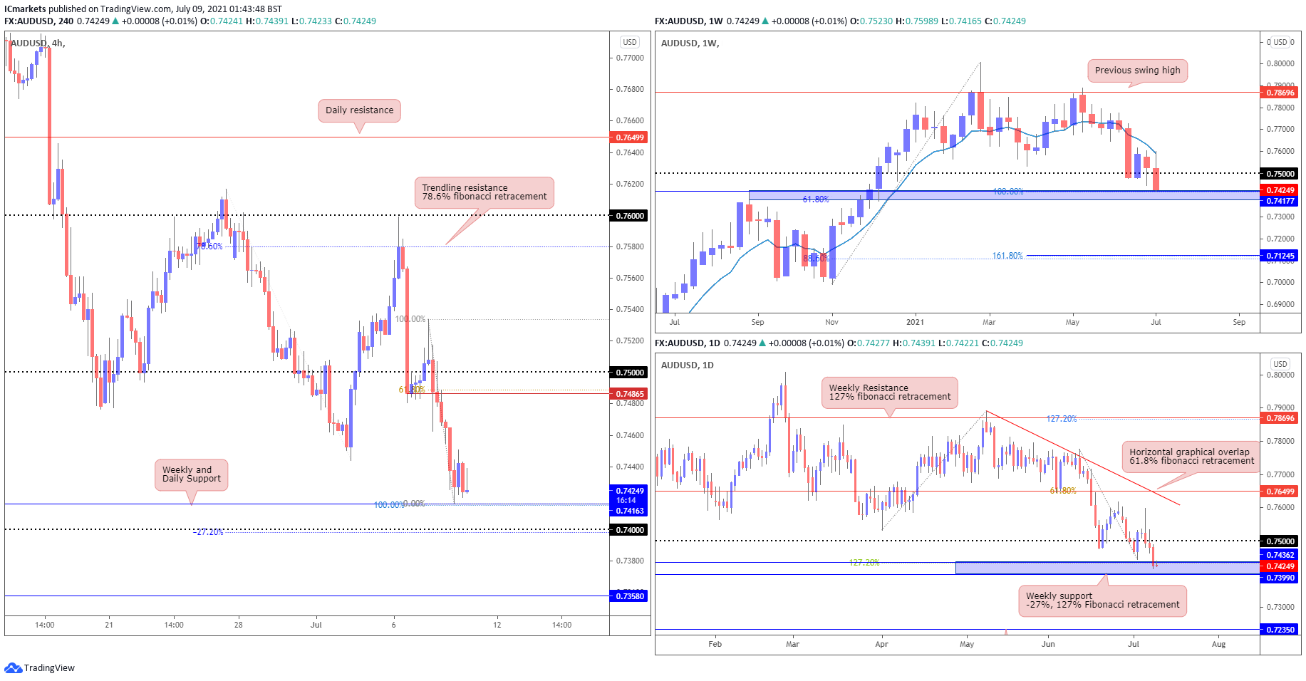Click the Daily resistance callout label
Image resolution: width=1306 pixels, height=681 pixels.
tap(359, 110)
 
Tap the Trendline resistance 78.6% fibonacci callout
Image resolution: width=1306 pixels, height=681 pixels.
tap(484, 192)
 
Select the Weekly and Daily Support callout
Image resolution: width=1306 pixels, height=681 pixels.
tap(191, 474)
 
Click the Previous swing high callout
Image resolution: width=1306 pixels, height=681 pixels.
tap(1137, 71)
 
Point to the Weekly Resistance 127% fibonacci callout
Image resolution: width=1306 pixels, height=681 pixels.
tap(889, 393)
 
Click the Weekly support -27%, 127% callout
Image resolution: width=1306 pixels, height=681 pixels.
tap(1102, 601)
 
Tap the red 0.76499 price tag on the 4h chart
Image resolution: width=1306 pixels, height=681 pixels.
tap(629, 137)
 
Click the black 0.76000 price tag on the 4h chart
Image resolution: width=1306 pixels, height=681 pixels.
tap(629, 216)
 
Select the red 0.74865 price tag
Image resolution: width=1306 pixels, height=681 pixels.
tap(629, 394)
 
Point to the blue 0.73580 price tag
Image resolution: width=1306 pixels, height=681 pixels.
tap(629, 596)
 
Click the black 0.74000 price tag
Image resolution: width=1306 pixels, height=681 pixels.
tap(629, 530)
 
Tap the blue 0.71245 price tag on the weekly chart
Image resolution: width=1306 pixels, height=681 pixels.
tap(1280, 256)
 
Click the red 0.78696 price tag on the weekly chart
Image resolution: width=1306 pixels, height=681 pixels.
tap(1280, 93)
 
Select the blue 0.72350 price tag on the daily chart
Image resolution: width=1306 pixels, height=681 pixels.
tap(1280, 630)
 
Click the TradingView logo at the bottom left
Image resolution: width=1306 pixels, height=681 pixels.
tap(40, 668)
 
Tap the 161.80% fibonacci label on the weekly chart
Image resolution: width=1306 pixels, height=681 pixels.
tap(1007, 256)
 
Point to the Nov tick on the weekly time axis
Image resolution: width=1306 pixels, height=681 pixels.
tap(831, 323)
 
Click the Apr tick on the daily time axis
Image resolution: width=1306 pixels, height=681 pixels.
tap(881, 645)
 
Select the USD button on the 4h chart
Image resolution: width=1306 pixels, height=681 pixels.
tap(630, 42)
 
